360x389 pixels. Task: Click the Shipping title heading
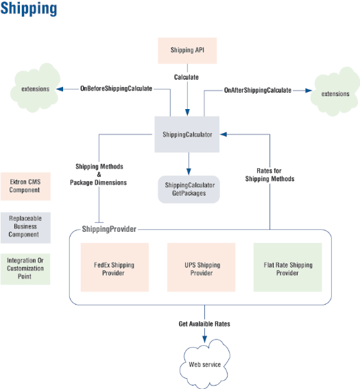[x=29, y=9]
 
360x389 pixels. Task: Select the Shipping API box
[x=187, y=51]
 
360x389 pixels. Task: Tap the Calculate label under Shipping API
[x=187, y=77]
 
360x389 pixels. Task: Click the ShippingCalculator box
[x=187, y=134]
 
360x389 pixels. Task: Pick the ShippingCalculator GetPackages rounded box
[x=189, y=189]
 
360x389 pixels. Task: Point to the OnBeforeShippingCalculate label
[x=116, y=89]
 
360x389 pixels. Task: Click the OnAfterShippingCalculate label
[x=258, y=90]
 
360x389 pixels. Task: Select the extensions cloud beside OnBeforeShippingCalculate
[x=35, y=88]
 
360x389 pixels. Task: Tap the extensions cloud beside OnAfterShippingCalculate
[x=335, y=93]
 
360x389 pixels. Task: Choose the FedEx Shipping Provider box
[x=115, y=267]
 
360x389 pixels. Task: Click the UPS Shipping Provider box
[x=201, y=267]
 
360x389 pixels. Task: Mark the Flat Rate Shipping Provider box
[x=287, y=267]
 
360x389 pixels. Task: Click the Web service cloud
[x=205, y=364]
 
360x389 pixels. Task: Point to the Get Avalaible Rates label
[x=204, y=324]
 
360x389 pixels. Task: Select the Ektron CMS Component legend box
[x=25, y=187]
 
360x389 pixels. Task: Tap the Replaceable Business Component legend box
[x=25, y=228]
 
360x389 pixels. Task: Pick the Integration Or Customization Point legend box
[x=25, y=269]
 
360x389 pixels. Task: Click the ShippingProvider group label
[x=109, y=229]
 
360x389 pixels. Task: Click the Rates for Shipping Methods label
[x=269, y=175]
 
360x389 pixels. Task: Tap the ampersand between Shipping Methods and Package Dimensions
[x=99, y=174]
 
